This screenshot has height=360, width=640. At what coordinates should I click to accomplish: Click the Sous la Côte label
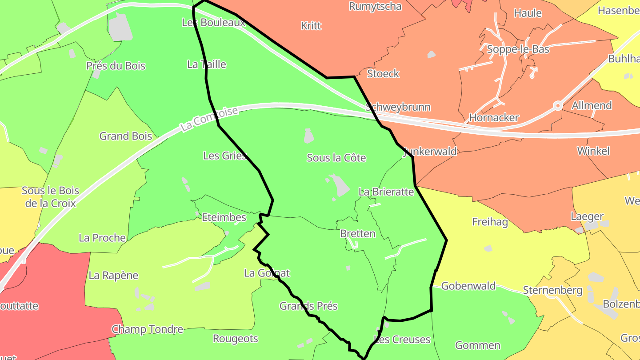[336, 158]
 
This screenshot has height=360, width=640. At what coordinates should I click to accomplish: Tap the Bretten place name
[357, 233]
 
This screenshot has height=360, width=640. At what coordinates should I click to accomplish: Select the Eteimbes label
[224, 217]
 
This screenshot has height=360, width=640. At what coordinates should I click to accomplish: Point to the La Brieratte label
[386, 192]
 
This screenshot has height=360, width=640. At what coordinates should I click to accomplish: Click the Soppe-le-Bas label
[518, 49]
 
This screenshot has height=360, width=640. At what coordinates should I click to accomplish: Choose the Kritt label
[311, 25]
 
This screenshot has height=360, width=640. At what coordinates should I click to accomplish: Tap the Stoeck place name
[383, 73]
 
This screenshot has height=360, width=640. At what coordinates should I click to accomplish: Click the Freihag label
[490, 222]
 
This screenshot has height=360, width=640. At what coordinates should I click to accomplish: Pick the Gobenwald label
[468, 286]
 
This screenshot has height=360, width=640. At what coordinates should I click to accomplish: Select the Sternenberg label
[552, 290]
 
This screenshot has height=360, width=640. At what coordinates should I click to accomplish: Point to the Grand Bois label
[126, 136]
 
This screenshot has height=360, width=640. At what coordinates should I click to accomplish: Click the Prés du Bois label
[116, 66]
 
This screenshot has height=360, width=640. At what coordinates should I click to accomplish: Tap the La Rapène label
[113, 275]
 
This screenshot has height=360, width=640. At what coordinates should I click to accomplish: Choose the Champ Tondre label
[147, 329]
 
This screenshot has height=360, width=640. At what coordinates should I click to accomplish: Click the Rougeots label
[236, 339]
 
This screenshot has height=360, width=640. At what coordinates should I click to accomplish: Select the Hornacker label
[494, 118]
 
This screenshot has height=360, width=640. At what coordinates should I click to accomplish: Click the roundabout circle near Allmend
[558, 106]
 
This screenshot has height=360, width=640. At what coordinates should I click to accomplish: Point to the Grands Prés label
[308, 306]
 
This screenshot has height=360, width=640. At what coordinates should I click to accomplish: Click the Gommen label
[478, 345]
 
